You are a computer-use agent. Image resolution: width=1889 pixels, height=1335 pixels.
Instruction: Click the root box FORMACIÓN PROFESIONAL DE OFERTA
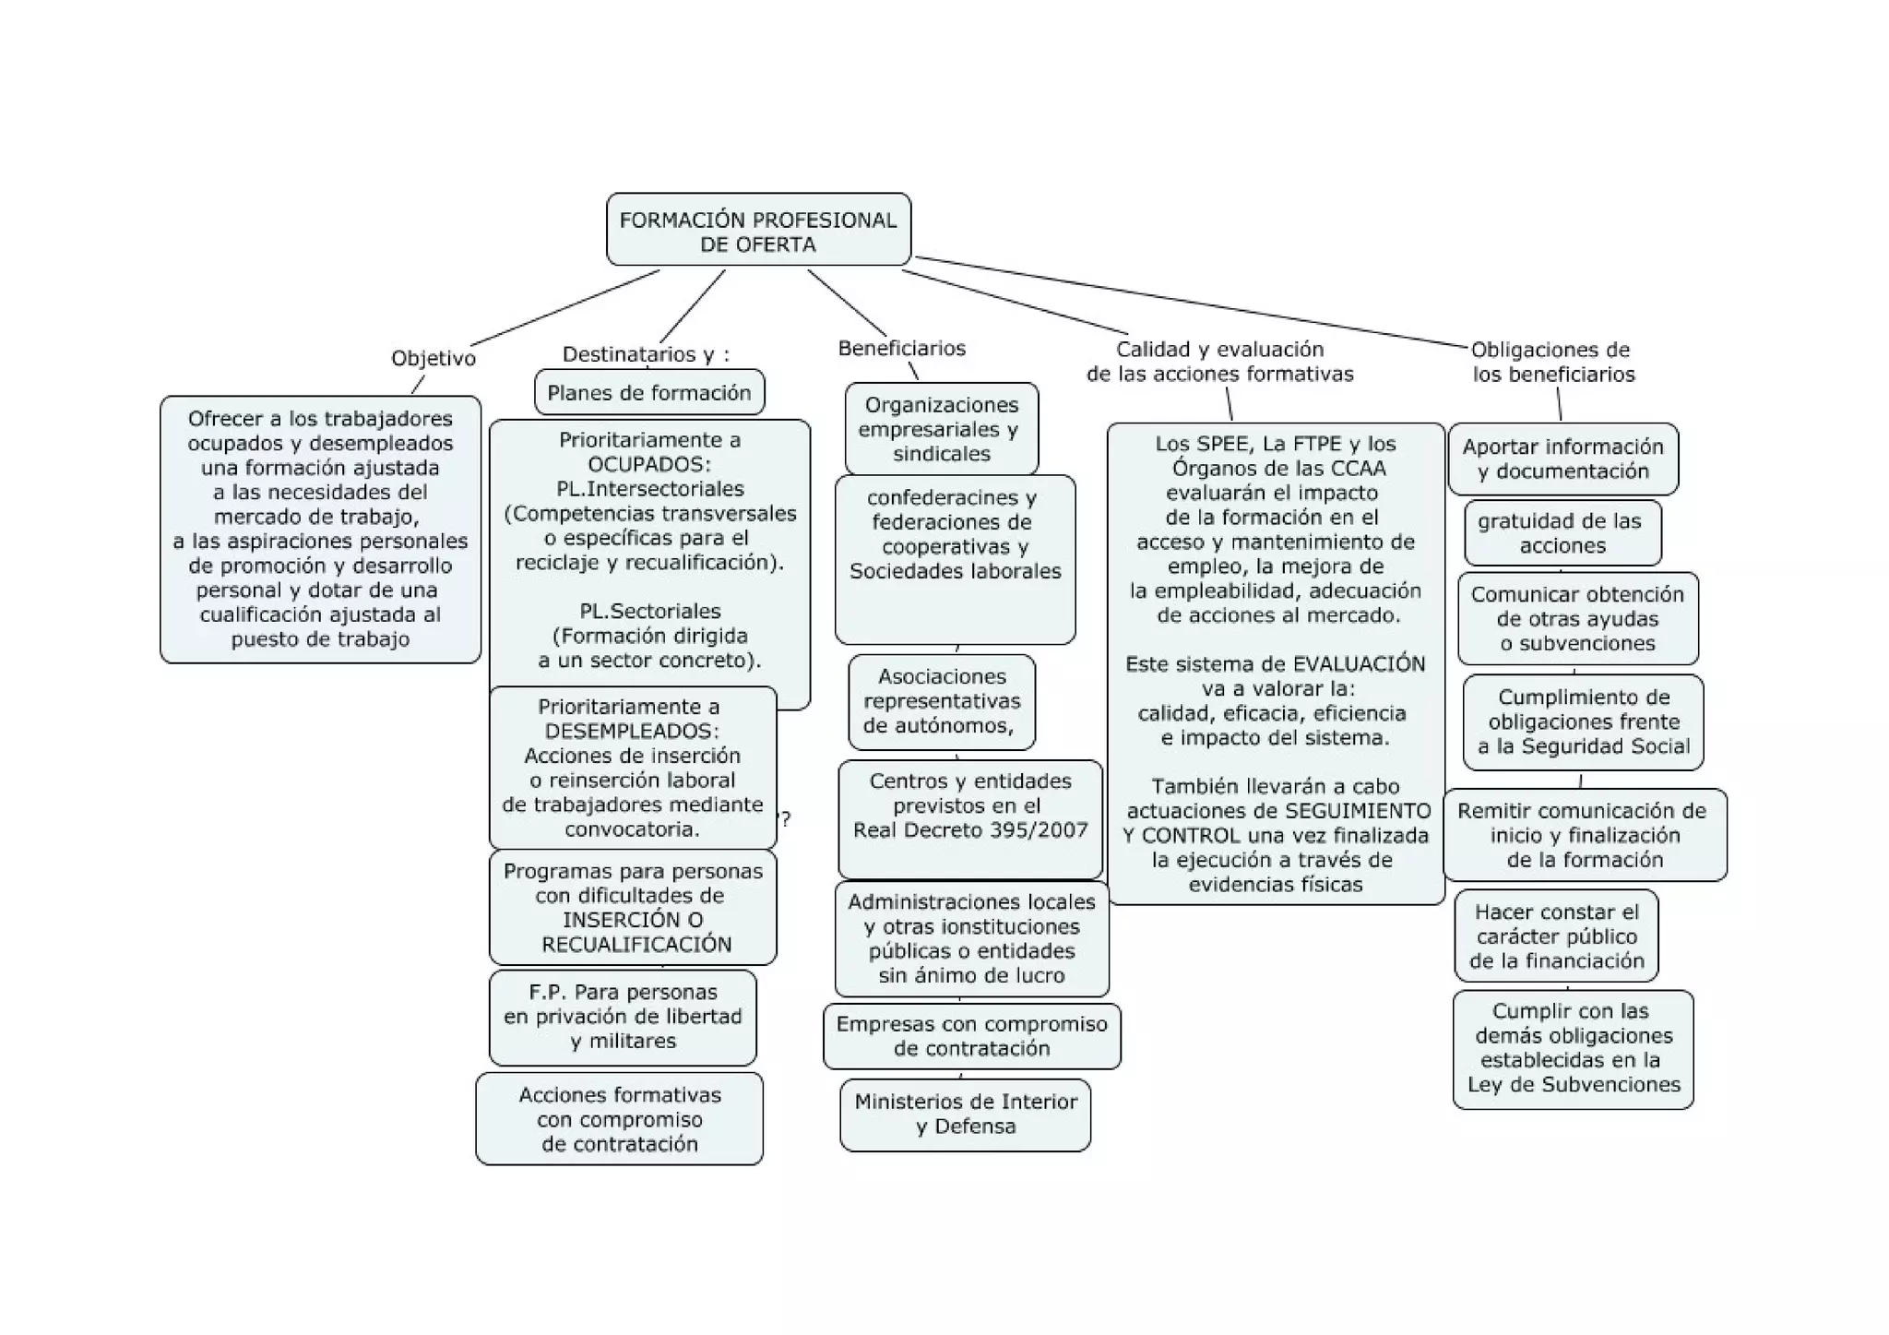[x=758, y=230]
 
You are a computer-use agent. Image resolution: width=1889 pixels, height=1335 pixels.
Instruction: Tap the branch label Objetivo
[x=433, y=358]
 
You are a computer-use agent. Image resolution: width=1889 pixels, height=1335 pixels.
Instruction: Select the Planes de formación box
[x=649, y=393]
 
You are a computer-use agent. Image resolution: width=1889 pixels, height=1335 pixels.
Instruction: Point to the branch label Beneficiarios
[x=901, y=348]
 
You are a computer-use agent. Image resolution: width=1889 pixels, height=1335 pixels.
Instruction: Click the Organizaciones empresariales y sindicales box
[x=941, y=429]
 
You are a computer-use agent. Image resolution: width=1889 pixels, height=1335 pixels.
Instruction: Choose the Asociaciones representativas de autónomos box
[x=941, y=701]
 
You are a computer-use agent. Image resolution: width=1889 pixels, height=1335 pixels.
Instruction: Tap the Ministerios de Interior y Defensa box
[x=965, y=1114]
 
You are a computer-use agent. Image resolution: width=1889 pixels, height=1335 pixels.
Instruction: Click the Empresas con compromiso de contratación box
[x=971, y=1036]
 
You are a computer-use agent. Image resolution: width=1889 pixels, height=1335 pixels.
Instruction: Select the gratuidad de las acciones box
[x=1562, y=533]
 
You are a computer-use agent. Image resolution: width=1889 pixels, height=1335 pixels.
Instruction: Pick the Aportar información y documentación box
[x=1562, y=459]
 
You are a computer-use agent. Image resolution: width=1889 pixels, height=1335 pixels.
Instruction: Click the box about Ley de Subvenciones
[x=1573, y=1049]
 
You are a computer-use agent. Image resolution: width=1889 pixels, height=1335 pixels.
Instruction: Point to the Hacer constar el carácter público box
[x=1556, y=936]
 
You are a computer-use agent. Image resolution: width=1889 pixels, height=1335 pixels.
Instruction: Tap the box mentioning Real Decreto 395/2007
[x=970, y=817]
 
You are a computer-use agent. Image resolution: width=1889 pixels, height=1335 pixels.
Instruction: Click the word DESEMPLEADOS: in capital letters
[x=632, y=732]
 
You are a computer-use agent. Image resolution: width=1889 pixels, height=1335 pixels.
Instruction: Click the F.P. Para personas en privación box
[x=623, y=1017]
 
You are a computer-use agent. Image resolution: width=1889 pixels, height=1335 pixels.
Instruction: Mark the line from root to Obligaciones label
[x=1190, y=302]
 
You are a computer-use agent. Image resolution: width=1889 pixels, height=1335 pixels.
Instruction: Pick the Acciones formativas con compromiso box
[x=619, y=1119]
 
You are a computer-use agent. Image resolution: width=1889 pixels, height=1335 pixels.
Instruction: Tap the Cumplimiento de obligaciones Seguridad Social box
[x=1583, y=722]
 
